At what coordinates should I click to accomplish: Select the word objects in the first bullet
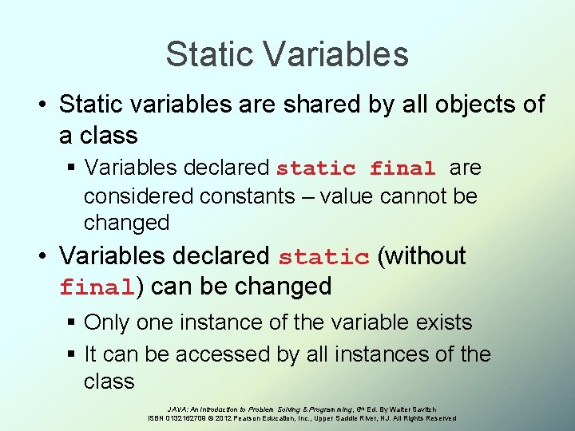(x=467, y=105)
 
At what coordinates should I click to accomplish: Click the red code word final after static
(x=402, y=168)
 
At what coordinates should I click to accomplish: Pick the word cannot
(x=407, y=196)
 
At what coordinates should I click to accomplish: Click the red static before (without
(x=323, y=257)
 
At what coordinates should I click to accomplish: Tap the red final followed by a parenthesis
(x=95, y=287)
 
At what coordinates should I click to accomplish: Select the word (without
(x=421, y=256)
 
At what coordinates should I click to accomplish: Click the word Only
(x=106, y=322)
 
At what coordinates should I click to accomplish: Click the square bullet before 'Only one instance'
(x=71, y=323)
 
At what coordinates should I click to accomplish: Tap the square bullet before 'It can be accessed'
(x=71, y=354)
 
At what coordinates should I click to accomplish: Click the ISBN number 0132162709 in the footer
(x=181, y=418)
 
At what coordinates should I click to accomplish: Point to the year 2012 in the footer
(x=223, y=418)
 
